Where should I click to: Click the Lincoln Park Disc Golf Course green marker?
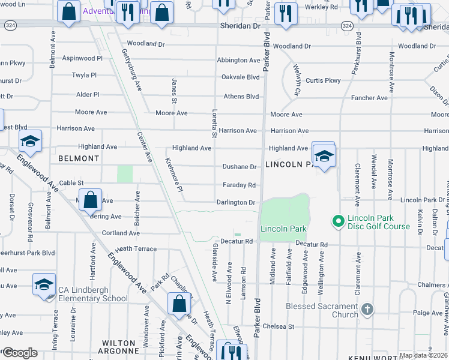(x=338, y=222)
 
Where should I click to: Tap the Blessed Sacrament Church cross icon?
(x=367, y=310)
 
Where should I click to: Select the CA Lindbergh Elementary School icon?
(x=44, y=286)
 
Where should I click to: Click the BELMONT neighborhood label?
(x=79, y=158)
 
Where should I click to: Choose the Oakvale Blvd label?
(x=240, y=77)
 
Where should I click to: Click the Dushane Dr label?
(x=240, y=167)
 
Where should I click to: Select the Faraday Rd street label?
(x=240, y=185)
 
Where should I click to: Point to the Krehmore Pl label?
(x=173, y=175)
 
